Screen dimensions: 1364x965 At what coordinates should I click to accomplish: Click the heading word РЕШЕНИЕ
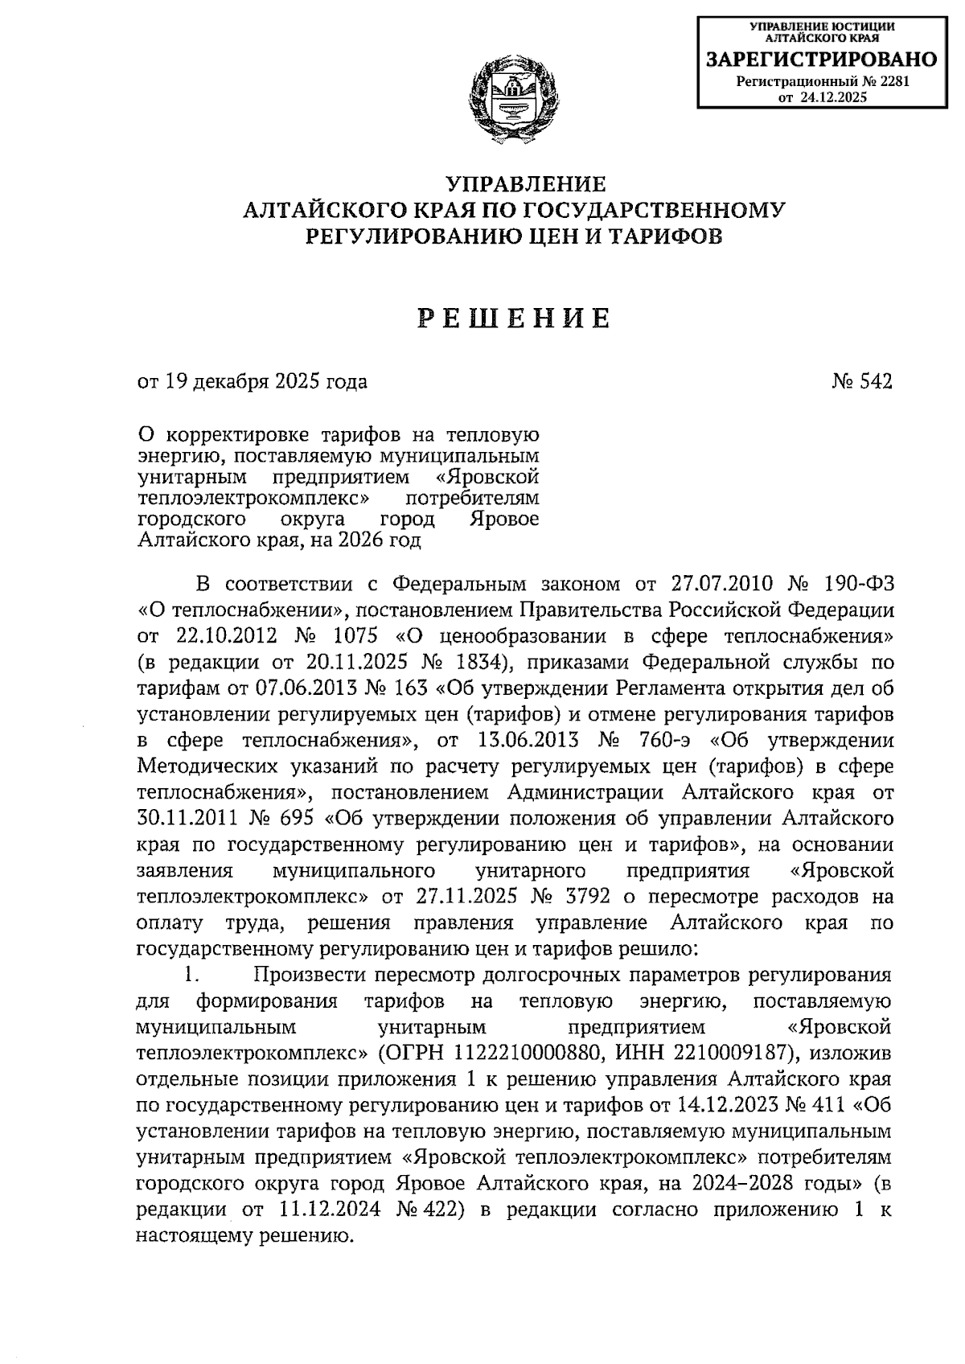[514, 320]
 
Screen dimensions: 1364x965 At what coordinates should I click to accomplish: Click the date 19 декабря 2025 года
[265, 382]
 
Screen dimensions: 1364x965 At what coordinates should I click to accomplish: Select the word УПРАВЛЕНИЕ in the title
[514, 184]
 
